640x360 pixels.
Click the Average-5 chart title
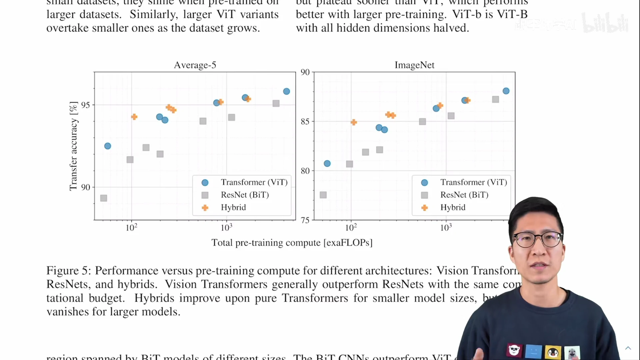point(195,65)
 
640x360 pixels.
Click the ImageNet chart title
point(414,65)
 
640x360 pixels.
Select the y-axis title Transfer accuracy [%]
point(73,146)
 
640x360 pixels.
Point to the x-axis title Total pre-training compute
point(292,243)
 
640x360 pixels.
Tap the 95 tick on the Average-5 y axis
point(85,105)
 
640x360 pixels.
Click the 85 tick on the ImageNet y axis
point(305,121)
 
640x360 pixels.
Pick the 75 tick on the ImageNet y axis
point(305,220)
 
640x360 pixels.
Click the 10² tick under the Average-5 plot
point(131,228)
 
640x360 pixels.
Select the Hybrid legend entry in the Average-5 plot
point(233,207)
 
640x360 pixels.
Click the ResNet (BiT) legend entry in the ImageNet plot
point(464,195)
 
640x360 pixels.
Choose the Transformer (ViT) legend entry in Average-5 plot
point(254,182)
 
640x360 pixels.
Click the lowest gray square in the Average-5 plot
point(104,198)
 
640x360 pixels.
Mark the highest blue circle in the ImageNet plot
point(506,91)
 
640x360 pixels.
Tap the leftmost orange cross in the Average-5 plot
point(134,117)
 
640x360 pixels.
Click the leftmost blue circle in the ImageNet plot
point(327,163)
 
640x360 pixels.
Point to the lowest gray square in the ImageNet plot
point(323,195)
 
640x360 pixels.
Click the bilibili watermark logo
point(605,23)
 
